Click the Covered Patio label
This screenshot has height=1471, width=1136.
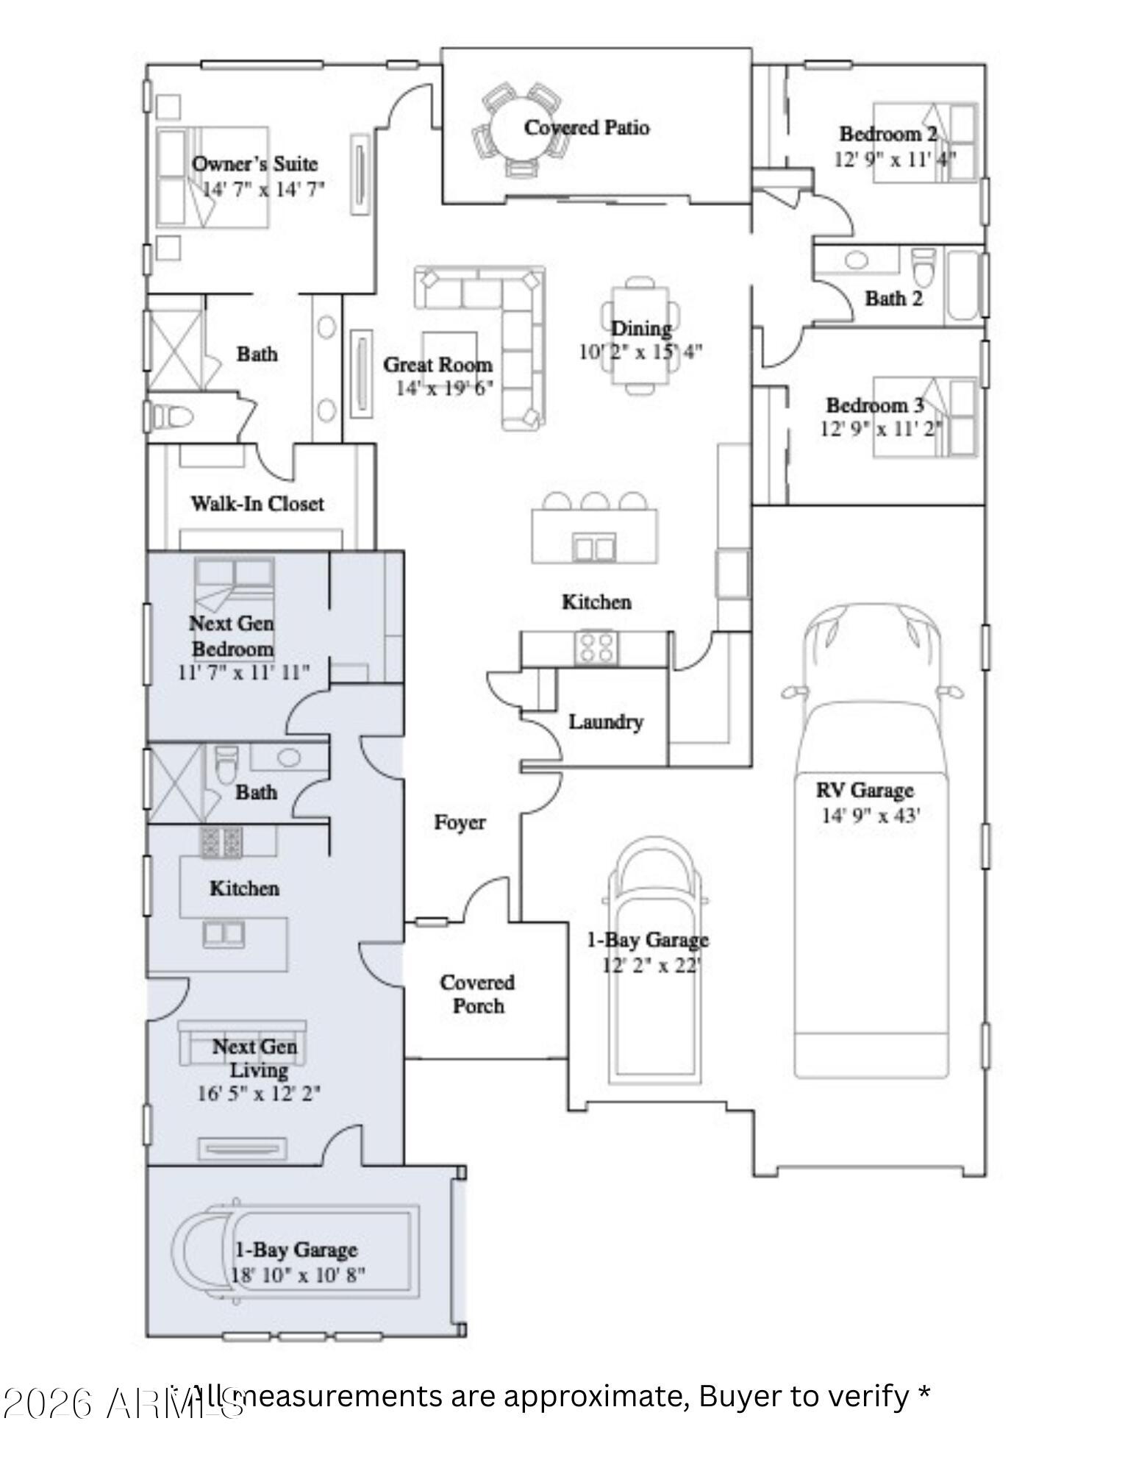(586, 127)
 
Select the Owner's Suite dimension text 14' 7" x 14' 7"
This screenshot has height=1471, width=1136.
(262, 189)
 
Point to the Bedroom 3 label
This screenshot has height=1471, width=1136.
(874, 405)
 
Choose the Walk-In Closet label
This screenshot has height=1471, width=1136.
(257, 504)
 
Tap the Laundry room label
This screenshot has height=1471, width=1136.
(605, 722)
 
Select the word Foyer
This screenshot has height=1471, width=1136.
(459, 822)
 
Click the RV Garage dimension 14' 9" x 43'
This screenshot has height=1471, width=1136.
(871, 815)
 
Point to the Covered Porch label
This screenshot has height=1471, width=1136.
(477, 994)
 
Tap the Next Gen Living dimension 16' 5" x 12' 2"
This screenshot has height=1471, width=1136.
(258, 1094)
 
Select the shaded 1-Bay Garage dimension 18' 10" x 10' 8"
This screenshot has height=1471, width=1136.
(298, 1275)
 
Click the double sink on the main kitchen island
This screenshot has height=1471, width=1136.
(594, 548)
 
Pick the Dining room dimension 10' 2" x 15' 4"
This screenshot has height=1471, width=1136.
(640, 352)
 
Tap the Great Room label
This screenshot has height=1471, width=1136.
(437, 365)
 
